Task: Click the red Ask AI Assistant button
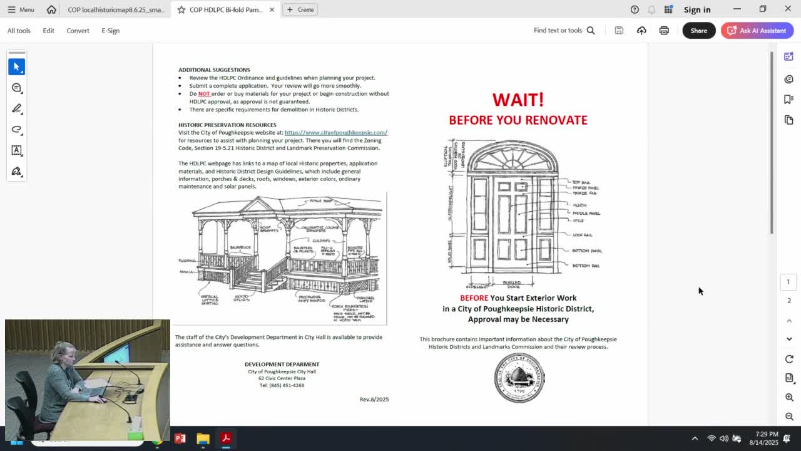pyautogui.click(x=757, y=31)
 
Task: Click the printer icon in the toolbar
pyautogui.click(x=664, y=31)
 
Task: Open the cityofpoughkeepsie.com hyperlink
pyautogui.click(x=335, y=133)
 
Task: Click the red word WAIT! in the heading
pyautogui.click(x=518, y=100)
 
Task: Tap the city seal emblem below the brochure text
pyautogui.click(x=519, y=378)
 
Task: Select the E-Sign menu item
pyautogui.click(x=110, y=31)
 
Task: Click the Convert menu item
pyautogui.click(x=78, y=31)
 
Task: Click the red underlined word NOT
pyautogui.click(x=204, y=94)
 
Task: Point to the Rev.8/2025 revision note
pyautogui.click(x=374, y=399)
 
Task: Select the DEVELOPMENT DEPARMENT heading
pyautogui.click(x=282, y=364)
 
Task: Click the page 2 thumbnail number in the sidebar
pyautogui.click(x=788, y=301)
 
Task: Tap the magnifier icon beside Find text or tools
pyautogui.click(x=590, y=31)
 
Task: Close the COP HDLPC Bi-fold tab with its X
pyautogui.click(x=272, y=9)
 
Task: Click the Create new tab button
pyautogui.click(x=300, y=9)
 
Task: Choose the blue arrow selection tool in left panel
pyautogui.click(x=17, y=66)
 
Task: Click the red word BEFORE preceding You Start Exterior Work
pyautogui.click(x=474, y=298)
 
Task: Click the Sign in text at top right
pyautogui.click(x=696, y=9)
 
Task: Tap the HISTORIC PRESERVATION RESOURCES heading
pyautogui.click(x=227, y=125)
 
